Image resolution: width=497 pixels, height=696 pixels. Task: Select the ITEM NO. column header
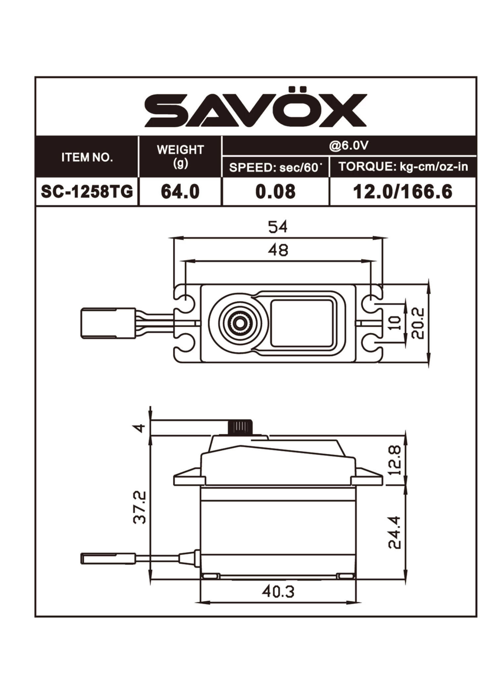coord(87,157)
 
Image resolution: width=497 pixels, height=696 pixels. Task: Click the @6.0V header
coord(349,145)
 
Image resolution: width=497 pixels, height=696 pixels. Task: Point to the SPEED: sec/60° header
coord(275,167)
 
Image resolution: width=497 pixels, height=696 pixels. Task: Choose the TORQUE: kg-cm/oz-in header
coord(403,167)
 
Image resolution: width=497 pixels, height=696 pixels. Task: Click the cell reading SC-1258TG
coord(87,192)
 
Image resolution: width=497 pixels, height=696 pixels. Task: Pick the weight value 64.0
coord(180,192)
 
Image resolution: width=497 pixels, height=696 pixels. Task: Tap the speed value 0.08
coord(275,192)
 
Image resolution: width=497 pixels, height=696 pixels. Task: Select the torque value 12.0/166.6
coord(403,192)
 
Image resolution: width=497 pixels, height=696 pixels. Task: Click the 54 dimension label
coord(278,227)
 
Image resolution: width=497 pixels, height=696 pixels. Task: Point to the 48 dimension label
coord(278,250)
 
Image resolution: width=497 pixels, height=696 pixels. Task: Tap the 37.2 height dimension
coord(139,507)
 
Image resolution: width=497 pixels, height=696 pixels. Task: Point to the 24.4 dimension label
coord(395,532)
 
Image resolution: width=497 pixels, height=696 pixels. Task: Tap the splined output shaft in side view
coord(240,427)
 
